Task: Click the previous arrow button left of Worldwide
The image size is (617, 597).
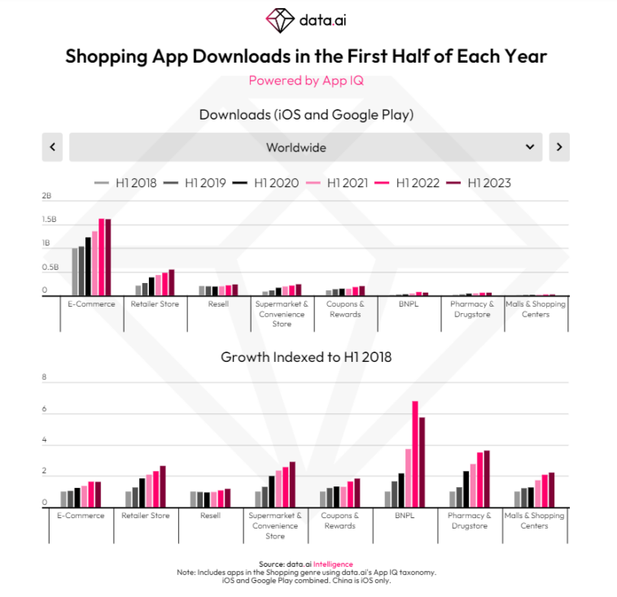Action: pos(52,147)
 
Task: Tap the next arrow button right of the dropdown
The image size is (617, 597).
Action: pos(559,147)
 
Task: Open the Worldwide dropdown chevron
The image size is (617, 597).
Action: pos(530,147)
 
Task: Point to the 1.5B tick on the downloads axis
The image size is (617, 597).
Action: pos(49,220)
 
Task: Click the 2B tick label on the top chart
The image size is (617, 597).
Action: pos(46,196)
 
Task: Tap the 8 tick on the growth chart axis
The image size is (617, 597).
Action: pos(45,377)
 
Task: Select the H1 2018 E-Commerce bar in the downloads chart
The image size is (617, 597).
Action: pos(75,272)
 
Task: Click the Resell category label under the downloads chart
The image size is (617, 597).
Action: pos(218,304)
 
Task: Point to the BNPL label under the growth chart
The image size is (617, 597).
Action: pos(404,516)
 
